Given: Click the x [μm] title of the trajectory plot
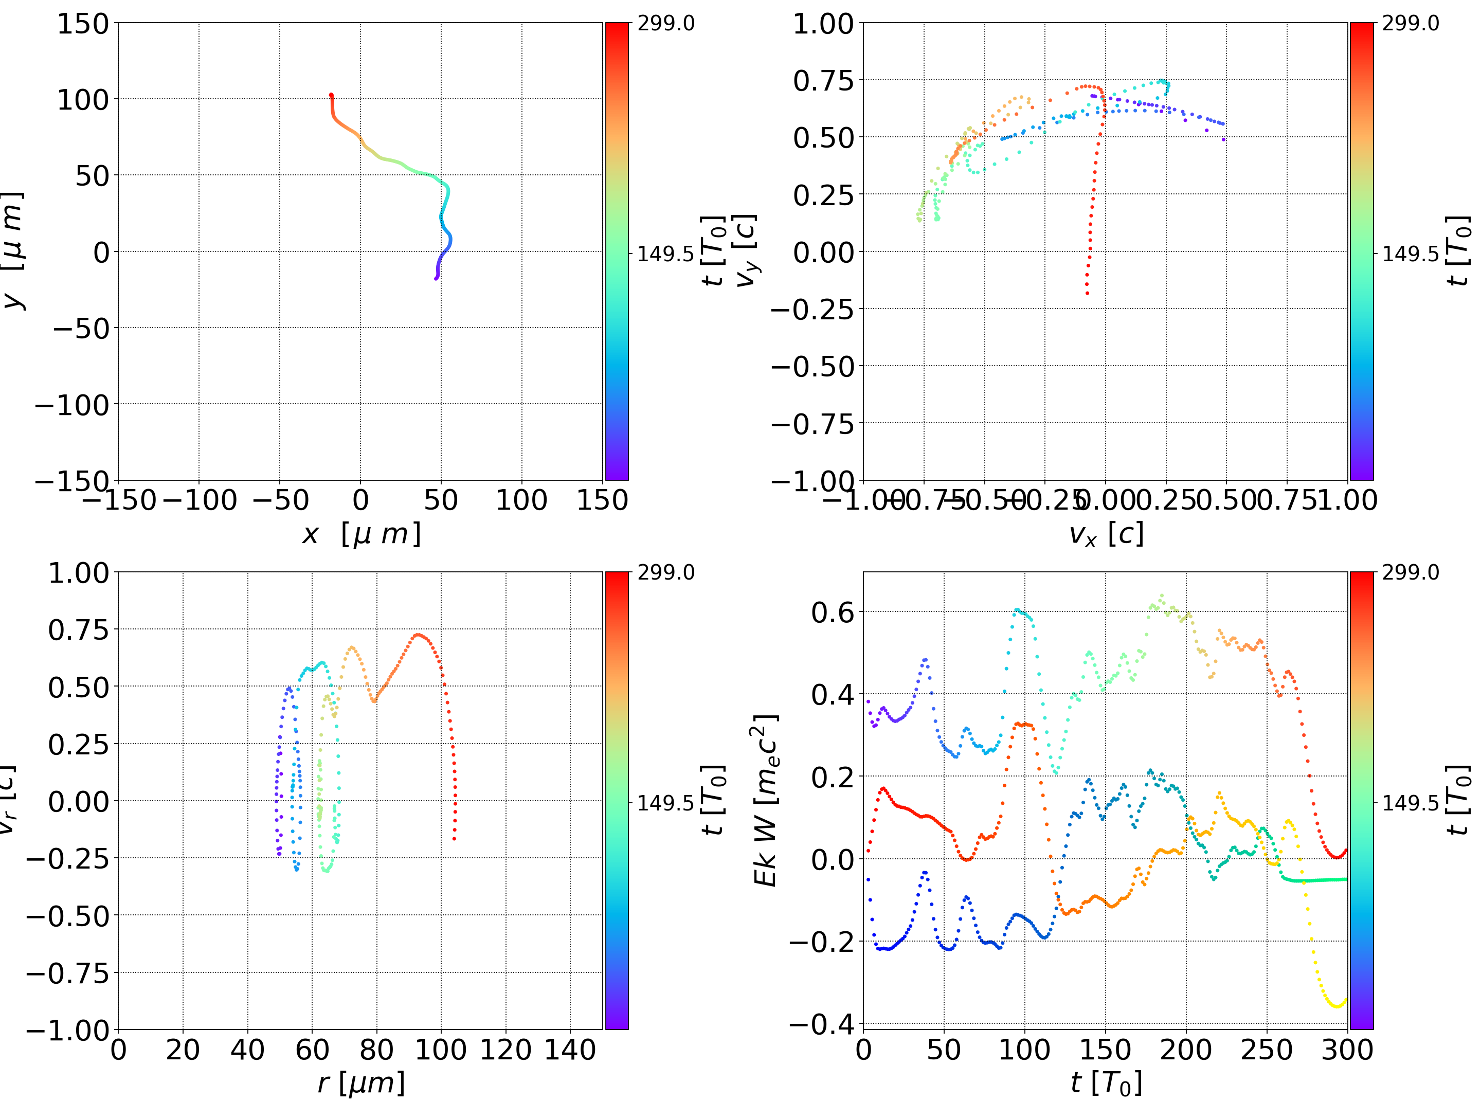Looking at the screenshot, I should tap(361, 534).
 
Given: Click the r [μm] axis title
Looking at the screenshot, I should tap(361, 1083).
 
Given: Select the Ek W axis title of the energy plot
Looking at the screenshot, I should tap(765, 800).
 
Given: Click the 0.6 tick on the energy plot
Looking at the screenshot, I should tap(832, 612).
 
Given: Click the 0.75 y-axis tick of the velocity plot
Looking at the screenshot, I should tap(823, 81).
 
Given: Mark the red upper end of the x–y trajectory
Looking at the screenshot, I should tap(331, 95).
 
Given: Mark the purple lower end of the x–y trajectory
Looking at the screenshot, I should tap(436, 278).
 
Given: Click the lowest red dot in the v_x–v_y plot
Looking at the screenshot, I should tap(1087, 293).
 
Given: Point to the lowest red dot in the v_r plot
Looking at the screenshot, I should tap(455, 838).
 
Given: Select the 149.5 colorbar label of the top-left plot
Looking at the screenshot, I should tap(665, 254).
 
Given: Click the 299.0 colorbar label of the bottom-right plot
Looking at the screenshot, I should tap(1410, 572).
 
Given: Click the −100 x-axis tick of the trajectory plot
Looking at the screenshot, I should tap(200, 500).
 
